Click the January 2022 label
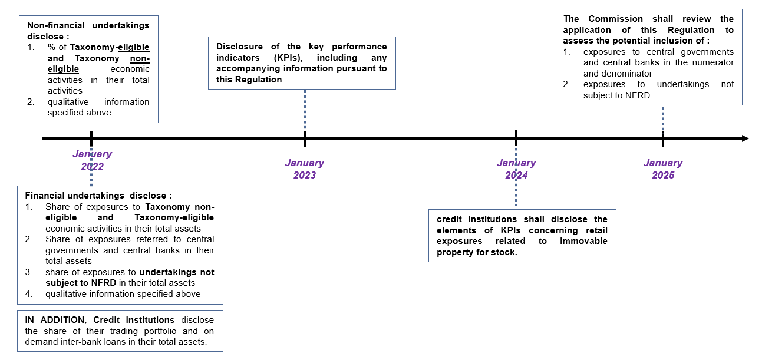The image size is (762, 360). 92,160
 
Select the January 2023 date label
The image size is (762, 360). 304,169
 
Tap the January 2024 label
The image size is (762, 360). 516,169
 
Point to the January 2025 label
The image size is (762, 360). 662,169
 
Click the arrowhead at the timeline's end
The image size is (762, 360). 745,138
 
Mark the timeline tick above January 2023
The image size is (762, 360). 304,138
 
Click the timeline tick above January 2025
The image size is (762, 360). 662,138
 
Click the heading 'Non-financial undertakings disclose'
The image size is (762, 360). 88,31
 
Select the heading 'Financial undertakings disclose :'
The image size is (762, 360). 98,195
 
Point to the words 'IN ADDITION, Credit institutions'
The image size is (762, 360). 100,320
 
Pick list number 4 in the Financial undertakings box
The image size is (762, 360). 28,293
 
